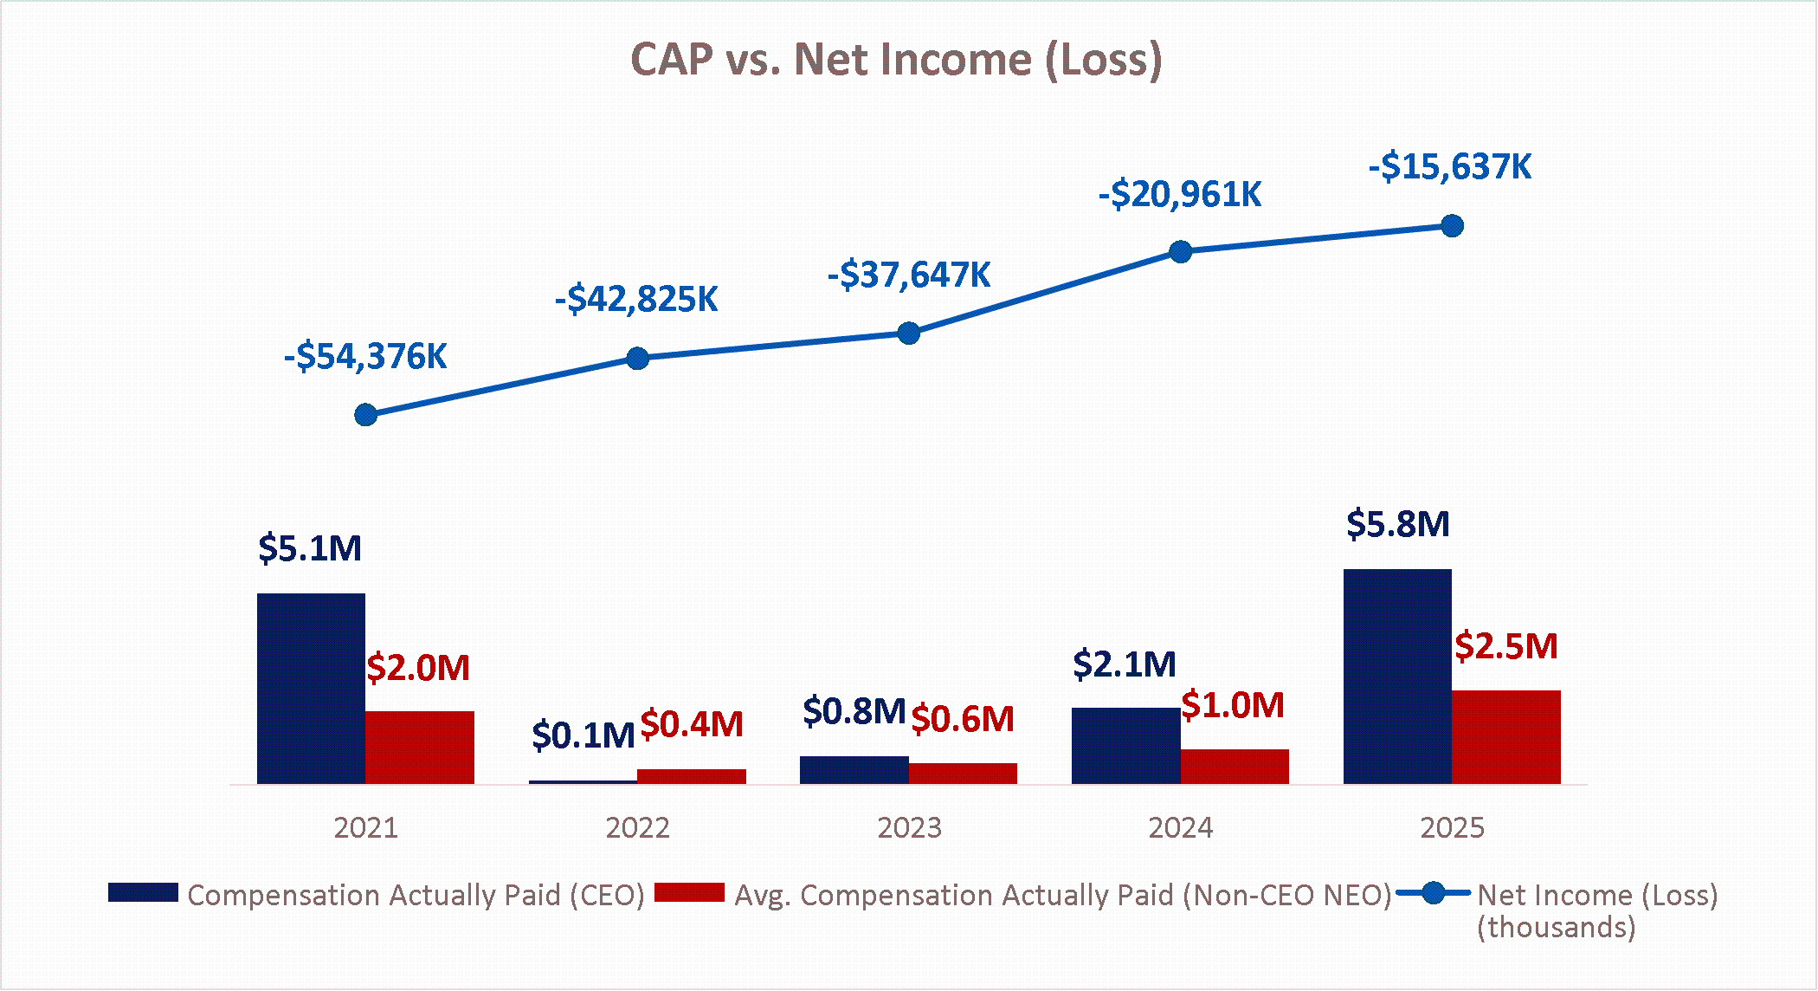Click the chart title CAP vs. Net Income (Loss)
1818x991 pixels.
[896, 60]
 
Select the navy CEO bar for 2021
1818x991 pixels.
[311, 689]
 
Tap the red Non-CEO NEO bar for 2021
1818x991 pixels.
[420, 747]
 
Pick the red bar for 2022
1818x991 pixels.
[692, 776]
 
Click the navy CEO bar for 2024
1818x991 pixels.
[1125, 746]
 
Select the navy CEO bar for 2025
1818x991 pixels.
[1397, 677]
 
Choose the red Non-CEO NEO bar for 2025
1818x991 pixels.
[1506, 737]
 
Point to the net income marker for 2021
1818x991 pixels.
[366, 415]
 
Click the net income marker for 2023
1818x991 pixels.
[909, 334]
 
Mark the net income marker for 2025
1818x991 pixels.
[1453, 226]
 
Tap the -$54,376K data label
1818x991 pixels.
[365, 357]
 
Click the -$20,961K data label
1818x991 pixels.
[1180, 194]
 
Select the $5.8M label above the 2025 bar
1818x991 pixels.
[1397, 524]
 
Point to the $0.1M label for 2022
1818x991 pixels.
[583, 735]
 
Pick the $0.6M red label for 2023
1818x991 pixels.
[963, 719]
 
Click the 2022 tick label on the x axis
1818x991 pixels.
[637, 828]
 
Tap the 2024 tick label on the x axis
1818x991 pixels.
[1180, 828]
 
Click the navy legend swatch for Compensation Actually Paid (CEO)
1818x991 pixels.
[143, 893]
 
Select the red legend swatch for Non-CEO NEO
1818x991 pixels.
[689, 893]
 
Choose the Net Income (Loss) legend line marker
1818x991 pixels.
[1434, 893]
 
